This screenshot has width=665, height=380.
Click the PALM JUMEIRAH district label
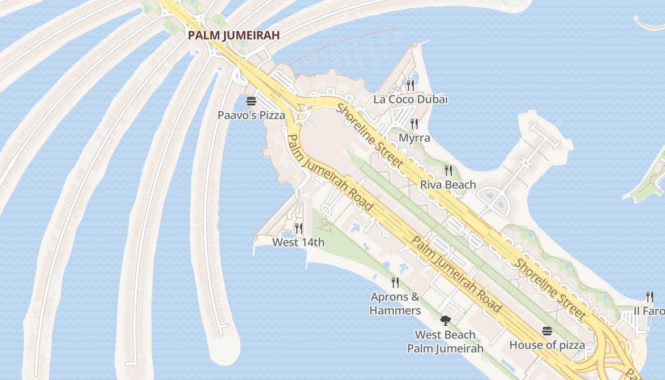pos(233,35)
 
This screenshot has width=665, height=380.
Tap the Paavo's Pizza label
pos(251,115)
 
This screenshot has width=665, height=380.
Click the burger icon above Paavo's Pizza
pos(251,101)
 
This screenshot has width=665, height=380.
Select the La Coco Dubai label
pos(410,99)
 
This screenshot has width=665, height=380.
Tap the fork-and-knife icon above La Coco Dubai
pos(410,85)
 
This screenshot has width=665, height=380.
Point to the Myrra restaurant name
pos(414,138)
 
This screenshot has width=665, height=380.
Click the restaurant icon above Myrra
pos(414,124)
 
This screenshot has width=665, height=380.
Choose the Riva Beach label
pos(448,184)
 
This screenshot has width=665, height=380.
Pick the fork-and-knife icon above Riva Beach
pos(448,170)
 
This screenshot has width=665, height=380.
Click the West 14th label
pos(298,242)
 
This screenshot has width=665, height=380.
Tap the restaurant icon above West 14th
pos(298,228)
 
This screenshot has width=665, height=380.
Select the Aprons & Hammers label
pos(395,304)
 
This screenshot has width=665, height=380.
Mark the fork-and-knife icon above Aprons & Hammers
pos(395,283)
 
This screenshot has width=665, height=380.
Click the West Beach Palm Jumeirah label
pos(445,342)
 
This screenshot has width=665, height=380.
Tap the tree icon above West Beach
pos(445,321)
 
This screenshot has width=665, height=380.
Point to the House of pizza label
pos(547,345)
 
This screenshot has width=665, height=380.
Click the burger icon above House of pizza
pos(547,331)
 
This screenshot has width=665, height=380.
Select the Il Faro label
pos(649,311)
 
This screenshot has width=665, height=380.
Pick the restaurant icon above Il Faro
pos(649,297)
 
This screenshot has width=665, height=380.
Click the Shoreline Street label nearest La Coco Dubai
pos(370,135)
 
